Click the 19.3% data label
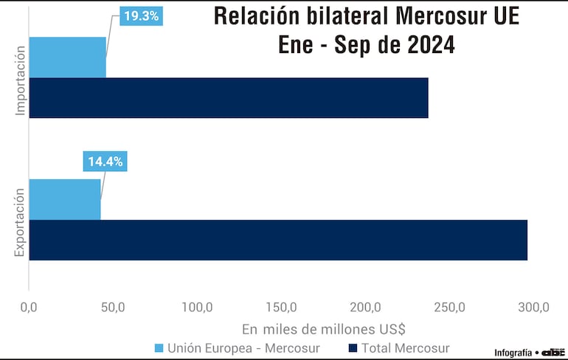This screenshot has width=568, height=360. click(140, 15)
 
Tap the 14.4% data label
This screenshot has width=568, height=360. click(105, 161)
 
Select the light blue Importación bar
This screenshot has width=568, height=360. click(67, 58)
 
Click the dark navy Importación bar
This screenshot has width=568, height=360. click(228, 97)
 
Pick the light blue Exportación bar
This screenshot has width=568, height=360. click(64, 199)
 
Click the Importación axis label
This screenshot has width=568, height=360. click(21, 80)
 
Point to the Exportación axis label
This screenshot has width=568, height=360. click(21, 222)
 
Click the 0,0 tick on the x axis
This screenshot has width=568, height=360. click(29, 307)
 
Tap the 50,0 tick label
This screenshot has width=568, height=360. click(112, 307)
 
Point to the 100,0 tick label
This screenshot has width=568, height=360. click(197, 307)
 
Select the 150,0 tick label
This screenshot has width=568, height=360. click(281, 307)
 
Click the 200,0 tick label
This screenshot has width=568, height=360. click(365, 307)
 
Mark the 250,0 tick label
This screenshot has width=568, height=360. click(449, 307)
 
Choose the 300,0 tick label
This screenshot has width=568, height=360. click(533, 307)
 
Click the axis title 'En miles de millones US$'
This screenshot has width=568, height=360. click(324, 328)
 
